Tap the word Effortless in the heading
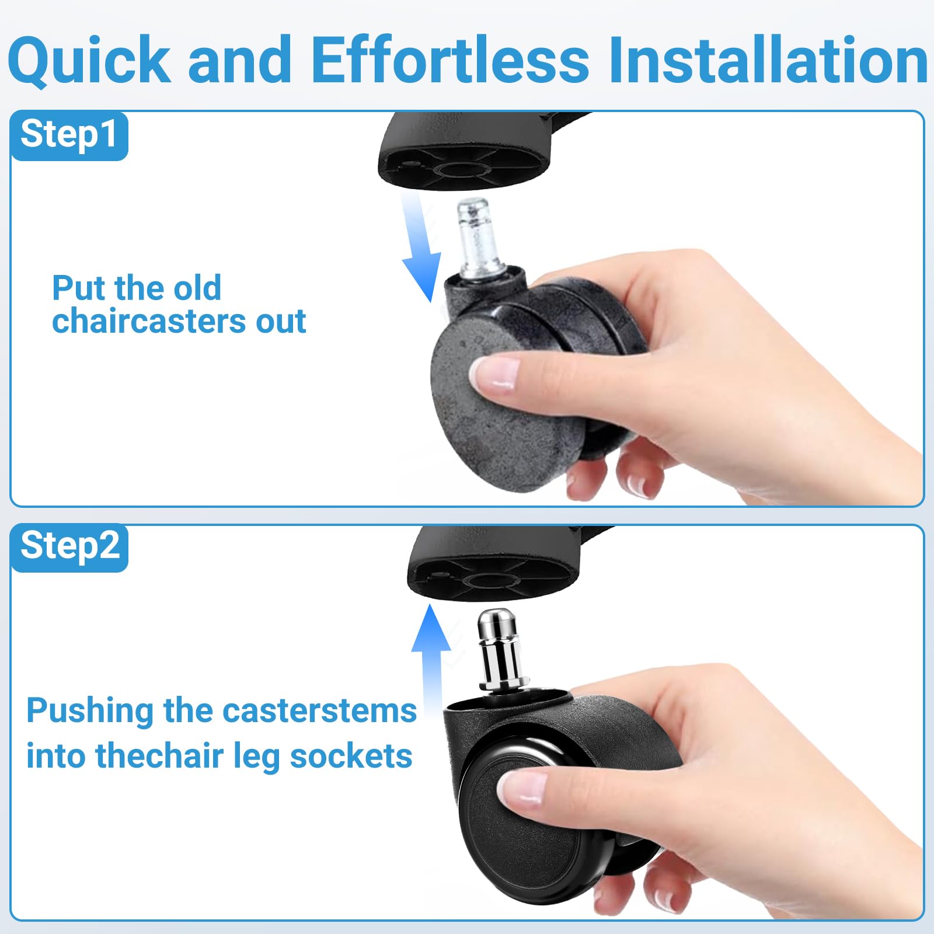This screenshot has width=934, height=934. (449, 60)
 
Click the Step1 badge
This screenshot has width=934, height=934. (69, 135)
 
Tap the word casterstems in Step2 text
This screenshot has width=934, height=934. (319, 711)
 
